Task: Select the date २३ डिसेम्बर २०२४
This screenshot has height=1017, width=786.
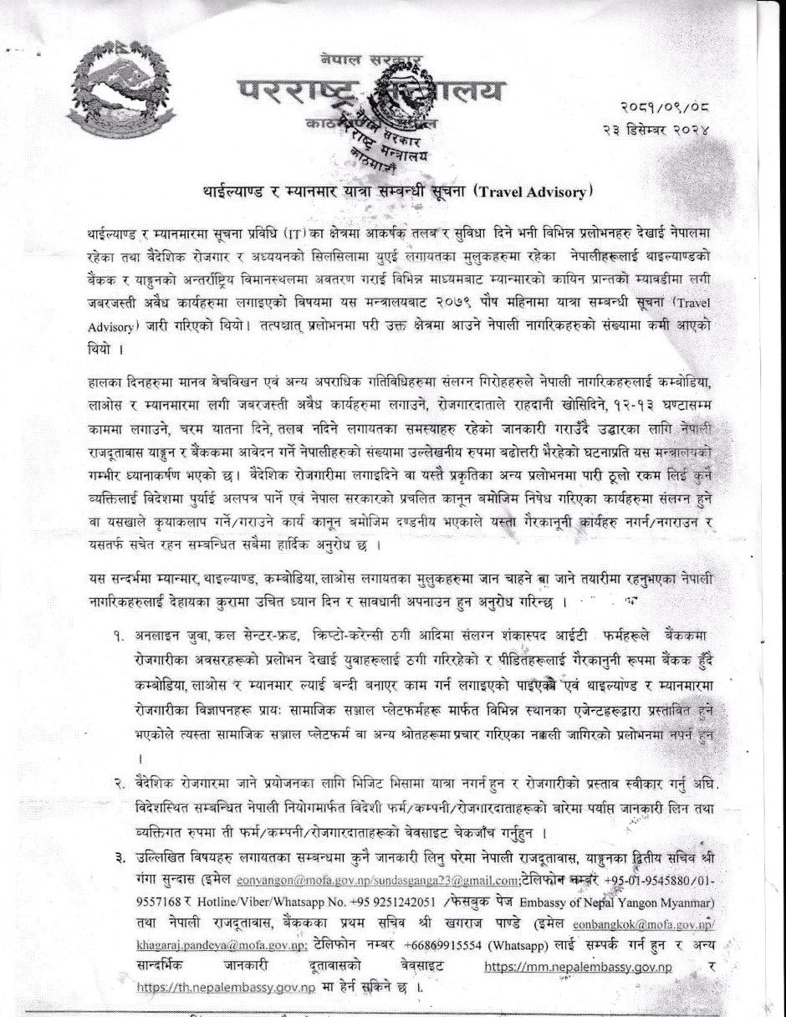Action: coord(656,130)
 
